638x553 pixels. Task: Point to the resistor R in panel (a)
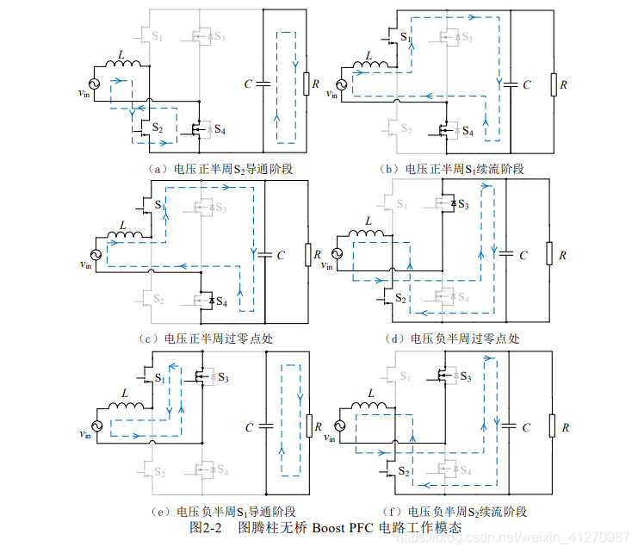pyautogui.click(x=305, y=84)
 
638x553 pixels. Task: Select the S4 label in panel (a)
pyautogui.click(x=220, y=130)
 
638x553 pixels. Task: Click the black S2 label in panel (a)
pyautogui.click(x=156, y=127)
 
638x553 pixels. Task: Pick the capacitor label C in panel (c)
pyautogui.click(x=282, y=256)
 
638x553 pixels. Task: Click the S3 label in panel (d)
pyautogui.click(x=463, y=204)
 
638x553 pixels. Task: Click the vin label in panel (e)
pyautogui.click(x=84, y=438)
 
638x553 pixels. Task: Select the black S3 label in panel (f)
pyautogui.click(x=465, y=376)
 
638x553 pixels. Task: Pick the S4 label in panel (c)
pyautogui.click(x=221, y=301)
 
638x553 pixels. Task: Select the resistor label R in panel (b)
pyautogui.click(x=564, y=84)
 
